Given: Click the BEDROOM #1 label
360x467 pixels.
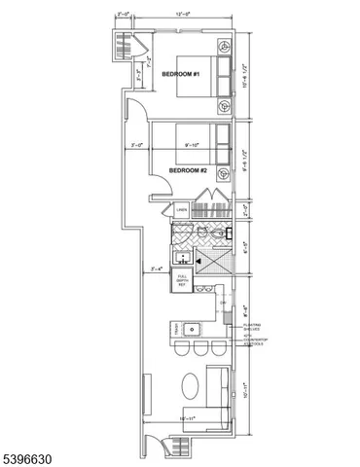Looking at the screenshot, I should [180, 75].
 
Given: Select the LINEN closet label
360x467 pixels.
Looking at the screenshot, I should [181, 210].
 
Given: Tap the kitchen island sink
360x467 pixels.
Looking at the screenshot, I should [192, 327].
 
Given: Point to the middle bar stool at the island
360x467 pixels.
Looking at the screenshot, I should [200, 349].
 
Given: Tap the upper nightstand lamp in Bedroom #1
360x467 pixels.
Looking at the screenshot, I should [225, 46].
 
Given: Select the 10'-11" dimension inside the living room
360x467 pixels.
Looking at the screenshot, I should [190, 418].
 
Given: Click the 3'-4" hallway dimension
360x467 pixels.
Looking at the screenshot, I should [155, 269].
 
